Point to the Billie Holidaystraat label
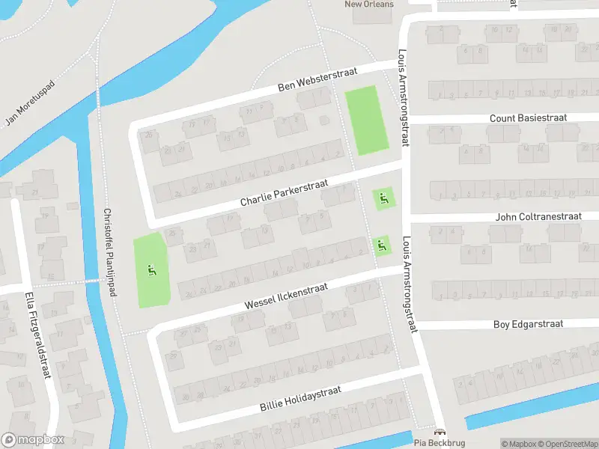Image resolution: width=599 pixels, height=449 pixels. tap(300, 399)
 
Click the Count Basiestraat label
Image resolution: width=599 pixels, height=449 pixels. tap(528, 118)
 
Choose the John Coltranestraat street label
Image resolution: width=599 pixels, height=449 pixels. tap(538, 216)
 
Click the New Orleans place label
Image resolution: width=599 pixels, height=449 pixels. tap(368, 4)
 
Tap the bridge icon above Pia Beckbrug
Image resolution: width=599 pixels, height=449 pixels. tap(440, 432)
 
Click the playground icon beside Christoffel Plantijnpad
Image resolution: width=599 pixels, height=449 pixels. tap(152, 270)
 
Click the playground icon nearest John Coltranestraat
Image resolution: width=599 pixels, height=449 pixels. tap(382, 244)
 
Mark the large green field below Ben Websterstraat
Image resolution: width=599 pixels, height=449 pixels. tap(367, 120)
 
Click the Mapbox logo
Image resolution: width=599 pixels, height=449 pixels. tap(33, 440)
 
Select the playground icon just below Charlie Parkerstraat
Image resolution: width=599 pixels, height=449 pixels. tap(383, 198)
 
